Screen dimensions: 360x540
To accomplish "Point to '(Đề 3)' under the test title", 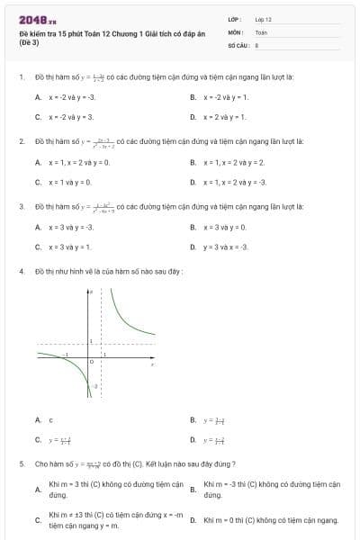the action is click(29, 41).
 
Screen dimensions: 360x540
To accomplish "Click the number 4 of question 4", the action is click(21, 271).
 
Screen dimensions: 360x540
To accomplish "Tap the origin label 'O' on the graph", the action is click(89, 362).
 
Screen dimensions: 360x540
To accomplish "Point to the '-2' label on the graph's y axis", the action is click(94, 384).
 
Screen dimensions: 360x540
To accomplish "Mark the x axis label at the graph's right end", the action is click(153, 364).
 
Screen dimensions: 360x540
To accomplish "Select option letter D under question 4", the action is click(193, 440).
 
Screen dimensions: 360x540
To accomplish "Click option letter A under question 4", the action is click(37, 419).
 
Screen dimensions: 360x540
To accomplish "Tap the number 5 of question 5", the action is click(21, 463).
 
